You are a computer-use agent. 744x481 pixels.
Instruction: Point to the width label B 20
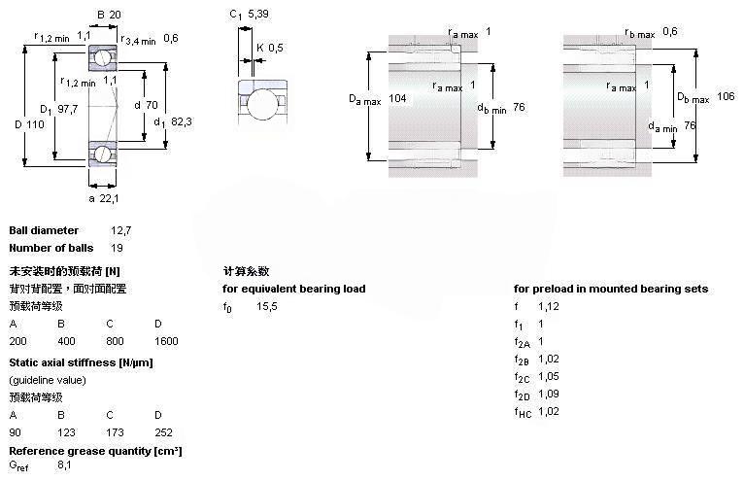(109, 15)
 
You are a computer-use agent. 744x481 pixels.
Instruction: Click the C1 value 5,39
(257, 15)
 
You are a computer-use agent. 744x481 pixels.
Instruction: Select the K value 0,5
(276, 48)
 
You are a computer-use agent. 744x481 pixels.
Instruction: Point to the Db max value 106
(726, 96)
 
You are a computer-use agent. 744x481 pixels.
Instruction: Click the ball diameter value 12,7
(120, 230)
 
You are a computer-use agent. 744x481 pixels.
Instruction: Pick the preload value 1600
(165, 341)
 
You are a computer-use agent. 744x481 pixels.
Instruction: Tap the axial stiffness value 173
(116, 431)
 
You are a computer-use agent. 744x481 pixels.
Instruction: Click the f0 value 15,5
(267, 306)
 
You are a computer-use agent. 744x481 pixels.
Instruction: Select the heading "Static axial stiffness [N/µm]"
(81, 362)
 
